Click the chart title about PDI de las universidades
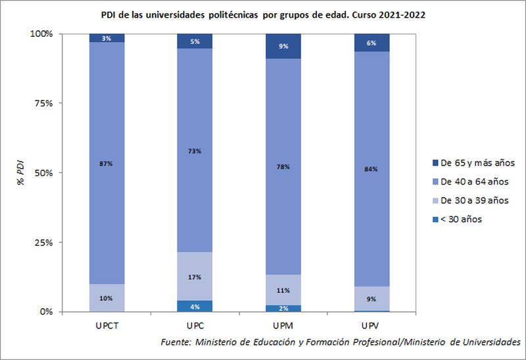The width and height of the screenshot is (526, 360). (x=263, y=14)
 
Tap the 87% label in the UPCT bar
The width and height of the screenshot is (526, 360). (x=107, y=164)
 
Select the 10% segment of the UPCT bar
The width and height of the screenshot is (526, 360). (x=107, y=298)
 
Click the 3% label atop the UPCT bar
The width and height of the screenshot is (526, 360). (x=107, y=39)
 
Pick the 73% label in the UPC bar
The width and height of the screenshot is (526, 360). (x=194, y=151)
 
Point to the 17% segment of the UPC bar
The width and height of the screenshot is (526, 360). (x=194, y=277)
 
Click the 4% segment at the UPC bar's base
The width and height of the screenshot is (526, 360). (x=194, y=306)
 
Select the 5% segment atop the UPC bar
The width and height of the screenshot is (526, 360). (x=194, y=41)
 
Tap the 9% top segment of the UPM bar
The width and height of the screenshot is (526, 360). (x=283, y=47)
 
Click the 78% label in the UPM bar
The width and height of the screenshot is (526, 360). (x=283, y=167)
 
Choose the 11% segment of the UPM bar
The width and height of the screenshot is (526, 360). (x=283, y=290)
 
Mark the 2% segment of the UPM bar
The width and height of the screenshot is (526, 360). (x=283, y=309)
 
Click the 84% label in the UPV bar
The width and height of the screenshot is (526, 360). (x=371, y=169)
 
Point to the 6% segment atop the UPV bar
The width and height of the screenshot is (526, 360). (x=371, y=43)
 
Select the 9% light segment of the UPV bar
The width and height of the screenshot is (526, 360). (x=371, y=299)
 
